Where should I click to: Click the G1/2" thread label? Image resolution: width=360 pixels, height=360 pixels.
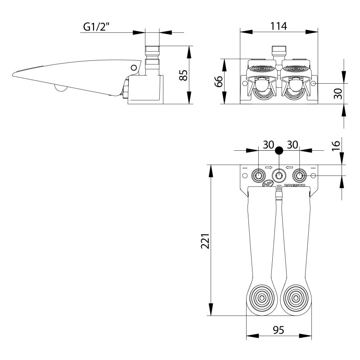pos(102,27)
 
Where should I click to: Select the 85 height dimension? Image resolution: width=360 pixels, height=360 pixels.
pos(183,74)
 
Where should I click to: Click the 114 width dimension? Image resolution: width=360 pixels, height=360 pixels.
pos(279,26)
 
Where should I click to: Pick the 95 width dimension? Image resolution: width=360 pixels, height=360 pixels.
pos(279,330)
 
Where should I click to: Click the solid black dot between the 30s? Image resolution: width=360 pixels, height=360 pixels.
pos(279,150)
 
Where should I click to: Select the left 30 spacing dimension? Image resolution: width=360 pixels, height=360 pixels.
pos(269,145)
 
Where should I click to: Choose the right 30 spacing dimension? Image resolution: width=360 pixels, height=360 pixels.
pos(292,145)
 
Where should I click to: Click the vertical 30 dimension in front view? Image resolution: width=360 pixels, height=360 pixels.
pos(338,93)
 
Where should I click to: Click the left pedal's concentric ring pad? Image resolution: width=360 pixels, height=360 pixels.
pos(262,297)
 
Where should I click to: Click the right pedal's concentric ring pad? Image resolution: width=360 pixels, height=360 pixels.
pos(296,297)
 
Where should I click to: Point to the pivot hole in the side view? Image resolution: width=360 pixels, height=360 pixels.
pos(134,67)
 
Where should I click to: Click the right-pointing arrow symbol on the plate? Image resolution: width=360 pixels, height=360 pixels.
pos(269,168)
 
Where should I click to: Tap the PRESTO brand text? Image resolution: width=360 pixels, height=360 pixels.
pos(296,185)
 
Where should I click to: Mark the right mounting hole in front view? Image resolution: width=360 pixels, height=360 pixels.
pos(314,84)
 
